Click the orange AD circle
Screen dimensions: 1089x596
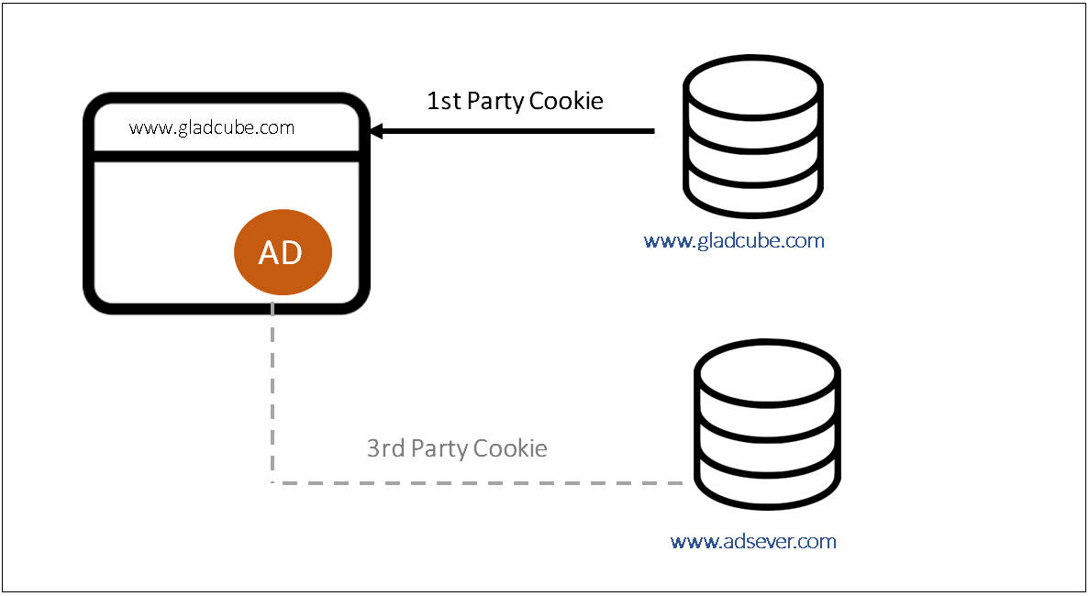click(x=283, y=252)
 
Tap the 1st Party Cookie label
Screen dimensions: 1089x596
click(x=515, y=101)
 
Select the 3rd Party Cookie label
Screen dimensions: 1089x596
click(x=457, y=449)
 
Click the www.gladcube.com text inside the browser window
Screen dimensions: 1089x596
click(x=212, y=127)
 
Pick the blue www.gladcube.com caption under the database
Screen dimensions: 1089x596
click(x=734, y=241)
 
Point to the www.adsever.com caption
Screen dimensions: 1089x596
click(x=753, y=541)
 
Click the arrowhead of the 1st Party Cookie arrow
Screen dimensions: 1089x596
click(x=376, y=130)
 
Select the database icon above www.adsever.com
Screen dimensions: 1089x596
click(x=768, y=425)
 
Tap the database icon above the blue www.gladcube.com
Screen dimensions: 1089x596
click(x=753, y=137)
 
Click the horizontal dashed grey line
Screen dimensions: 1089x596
click(x=478, y=482)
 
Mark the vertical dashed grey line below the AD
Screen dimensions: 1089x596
click(x=272, y=392)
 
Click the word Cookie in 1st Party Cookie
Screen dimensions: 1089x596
click(x=566, y=101)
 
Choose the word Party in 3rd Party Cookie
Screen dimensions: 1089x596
click(x=439, y=449)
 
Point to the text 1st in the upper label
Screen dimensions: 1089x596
click(x=443, y=101)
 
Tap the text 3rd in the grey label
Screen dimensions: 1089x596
click(x=385, y=449)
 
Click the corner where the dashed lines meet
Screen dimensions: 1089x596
click(x=272, y=482)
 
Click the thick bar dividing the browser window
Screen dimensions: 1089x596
click(x=227, y=156)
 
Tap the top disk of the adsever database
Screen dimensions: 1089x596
click(x=768, y=372)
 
